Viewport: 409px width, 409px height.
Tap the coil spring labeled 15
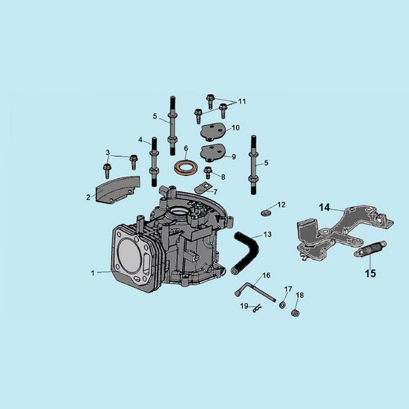point(370,248)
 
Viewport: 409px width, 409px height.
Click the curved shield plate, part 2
point(118,189)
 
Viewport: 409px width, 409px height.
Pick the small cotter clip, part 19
point(257,309)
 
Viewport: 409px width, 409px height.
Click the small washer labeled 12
point(266,212)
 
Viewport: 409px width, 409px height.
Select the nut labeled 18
point(295,313)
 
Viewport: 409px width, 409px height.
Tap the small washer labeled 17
point(282,304)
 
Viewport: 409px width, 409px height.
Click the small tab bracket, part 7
point(203,188)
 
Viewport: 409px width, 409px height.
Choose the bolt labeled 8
point(208,173)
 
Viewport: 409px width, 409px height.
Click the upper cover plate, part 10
point(213,132)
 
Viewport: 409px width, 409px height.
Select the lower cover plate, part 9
point(213,152)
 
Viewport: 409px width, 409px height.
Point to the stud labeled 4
point(154,162)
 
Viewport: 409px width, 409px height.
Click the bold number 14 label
point(324,208)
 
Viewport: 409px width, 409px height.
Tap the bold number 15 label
point(370,273)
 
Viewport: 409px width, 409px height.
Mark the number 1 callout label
point(93,273)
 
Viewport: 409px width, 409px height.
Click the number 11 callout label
point(242,101)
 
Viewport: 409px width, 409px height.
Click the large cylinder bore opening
point(130,252)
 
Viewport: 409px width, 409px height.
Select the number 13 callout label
point(268,235)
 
